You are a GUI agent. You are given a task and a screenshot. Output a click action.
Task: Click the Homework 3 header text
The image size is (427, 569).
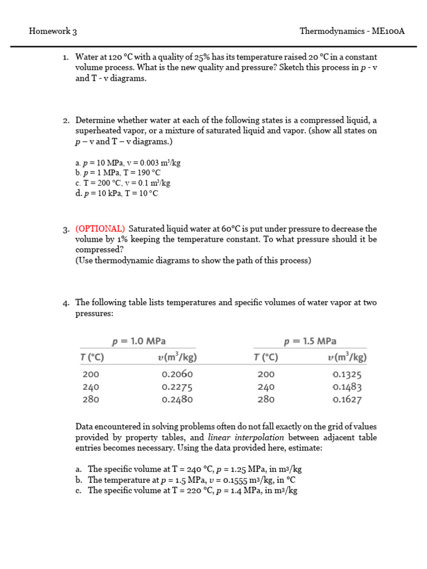[x=53, y=31]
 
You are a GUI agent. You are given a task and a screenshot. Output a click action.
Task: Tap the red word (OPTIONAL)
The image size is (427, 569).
[x=100, y=229]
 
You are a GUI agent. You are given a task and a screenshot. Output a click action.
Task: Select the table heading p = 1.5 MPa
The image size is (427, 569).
[x=310, y=341]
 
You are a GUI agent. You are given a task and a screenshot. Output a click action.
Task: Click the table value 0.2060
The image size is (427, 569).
[x=177, y=375]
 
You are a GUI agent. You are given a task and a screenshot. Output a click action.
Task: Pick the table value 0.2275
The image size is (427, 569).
[x=177, y=387]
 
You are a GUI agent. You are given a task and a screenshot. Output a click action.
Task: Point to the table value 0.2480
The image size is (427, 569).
[x=177, y=399]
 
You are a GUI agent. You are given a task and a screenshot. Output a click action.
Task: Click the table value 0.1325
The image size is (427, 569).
[x=348, y=375]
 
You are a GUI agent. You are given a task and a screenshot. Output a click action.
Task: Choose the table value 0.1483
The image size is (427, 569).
[x=348, y=387]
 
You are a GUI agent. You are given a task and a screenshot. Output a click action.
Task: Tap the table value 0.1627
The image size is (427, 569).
[x=348, y=399]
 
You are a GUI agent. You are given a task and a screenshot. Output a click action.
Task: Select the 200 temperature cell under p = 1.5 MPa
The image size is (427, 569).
[x=267, y=375]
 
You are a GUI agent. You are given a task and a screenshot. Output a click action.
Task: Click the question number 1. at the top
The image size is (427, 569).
[x=65, y=57]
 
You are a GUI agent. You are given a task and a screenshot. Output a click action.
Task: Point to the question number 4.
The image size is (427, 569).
[x=66, y=303]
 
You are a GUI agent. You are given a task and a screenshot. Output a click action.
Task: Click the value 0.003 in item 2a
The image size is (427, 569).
[x=148, y=163]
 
